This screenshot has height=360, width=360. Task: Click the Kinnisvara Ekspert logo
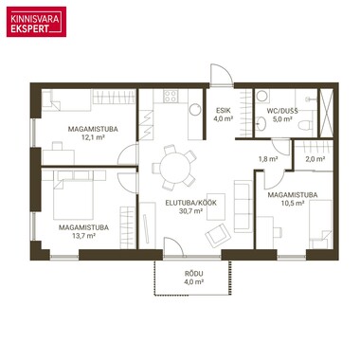(36, 22)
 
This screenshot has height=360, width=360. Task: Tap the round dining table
(175, 168)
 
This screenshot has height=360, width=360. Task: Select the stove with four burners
(171, 96)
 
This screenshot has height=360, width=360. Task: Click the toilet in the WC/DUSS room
(305, 125)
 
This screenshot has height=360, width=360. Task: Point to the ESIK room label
(224, 111)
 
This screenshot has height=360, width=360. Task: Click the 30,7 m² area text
(190, 211)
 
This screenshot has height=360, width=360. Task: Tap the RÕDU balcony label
(194, 274)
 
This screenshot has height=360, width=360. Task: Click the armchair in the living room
(218, 235)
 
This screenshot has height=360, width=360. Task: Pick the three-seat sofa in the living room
(243, 207)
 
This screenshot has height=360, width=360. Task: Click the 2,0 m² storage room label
(315, 159)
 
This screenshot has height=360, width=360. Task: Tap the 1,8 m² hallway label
(268, 159)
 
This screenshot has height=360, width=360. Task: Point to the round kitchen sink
(195, 110)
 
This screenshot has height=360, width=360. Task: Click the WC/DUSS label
(282, 111)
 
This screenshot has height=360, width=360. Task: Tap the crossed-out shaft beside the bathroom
(327, 113)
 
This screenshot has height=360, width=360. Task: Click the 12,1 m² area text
(93, 137)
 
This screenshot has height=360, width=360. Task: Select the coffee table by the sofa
(216, 207)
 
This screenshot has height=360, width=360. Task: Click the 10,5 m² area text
(293, 203)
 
